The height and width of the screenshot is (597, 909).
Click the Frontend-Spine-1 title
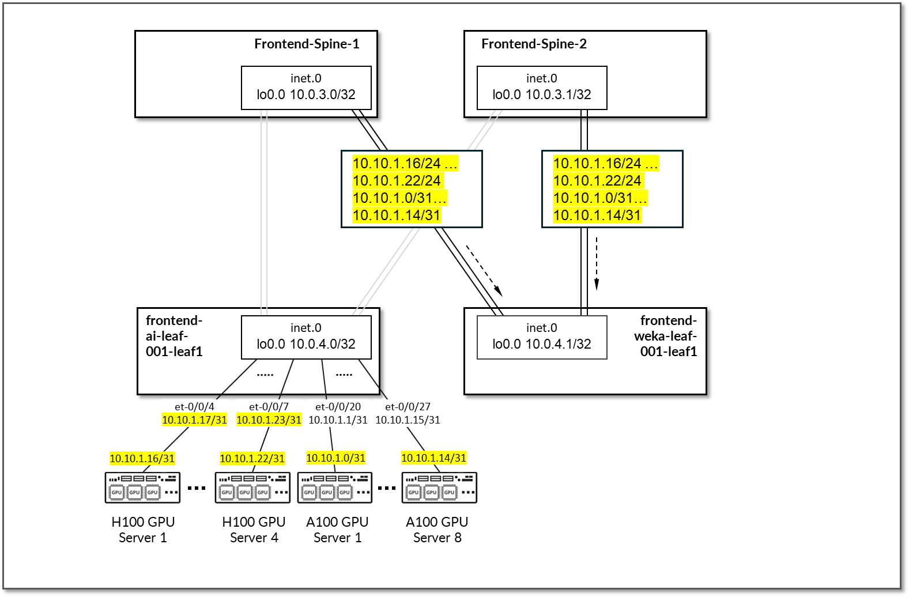[x=307, y=44]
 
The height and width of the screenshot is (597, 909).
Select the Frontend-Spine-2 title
[x=534, y=44]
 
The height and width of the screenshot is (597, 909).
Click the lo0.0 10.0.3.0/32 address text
[x=306, y=95]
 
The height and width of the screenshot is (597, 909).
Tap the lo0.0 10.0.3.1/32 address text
[x=542, y=95]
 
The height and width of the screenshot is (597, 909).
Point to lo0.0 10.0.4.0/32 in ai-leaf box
[x=306, y=344]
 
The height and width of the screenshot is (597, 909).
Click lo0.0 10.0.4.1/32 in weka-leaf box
[x=542, y=344]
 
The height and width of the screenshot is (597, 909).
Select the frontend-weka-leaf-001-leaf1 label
[x=667, y=336]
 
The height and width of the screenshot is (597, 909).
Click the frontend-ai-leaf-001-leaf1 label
[x=174, y=336]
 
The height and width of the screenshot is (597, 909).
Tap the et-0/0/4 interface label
[x=194, y=407]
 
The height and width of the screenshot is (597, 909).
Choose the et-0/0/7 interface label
[x=269, y=407]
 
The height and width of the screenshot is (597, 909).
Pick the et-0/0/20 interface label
[x=338, y=407]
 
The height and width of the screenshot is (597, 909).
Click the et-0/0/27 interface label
[x=408, y=407]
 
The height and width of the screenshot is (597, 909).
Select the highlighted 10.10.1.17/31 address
[x=194, y=420]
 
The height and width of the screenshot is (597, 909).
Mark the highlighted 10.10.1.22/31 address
[x=252, y=459]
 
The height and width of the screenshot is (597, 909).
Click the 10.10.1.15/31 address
[x=408, y=420]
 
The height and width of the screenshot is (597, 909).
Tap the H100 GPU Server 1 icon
[x=142, y=488]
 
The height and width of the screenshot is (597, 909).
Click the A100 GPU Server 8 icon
[x=439, y=488]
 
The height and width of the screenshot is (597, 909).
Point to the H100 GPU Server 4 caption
[x=254, y=530]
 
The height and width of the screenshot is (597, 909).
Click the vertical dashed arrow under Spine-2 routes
[x=597, y=262]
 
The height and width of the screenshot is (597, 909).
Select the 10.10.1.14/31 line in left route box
[x=397, y=216]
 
